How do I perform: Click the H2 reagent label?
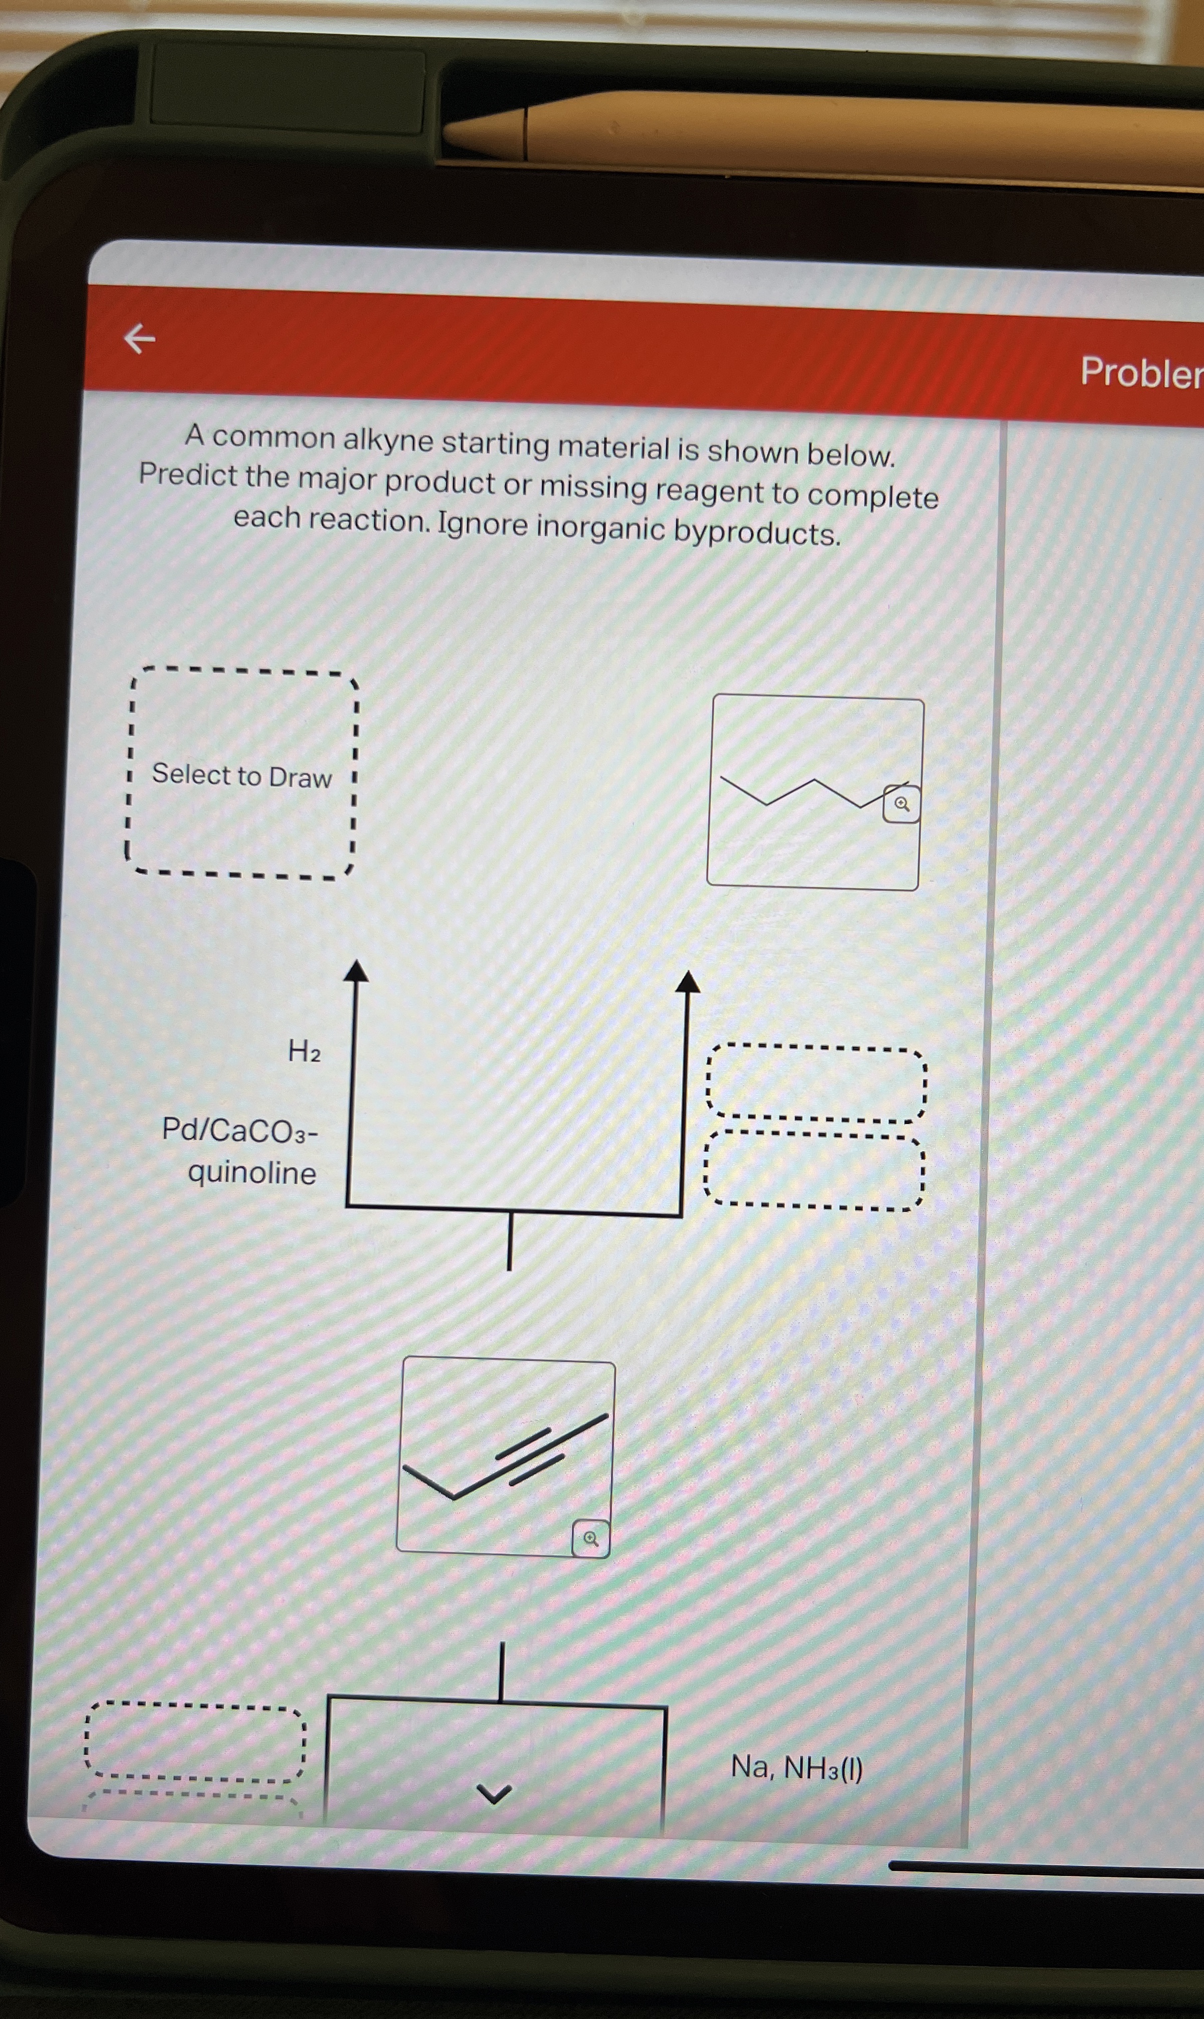click(304, 1051)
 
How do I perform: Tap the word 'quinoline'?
click(251, 1173)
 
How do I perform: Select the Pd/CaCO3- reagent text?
click(240, 1130)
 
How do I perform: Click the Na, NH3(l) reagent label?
click(797, 1767)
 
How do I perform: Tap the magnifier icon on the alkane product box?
click(901, 804)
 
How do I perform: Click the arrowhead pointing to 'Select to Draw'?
click(356, 971)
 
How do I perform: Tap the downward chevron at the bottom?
click(494, 1794)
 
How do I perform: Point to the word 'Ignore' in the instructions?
click(483, 524)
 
